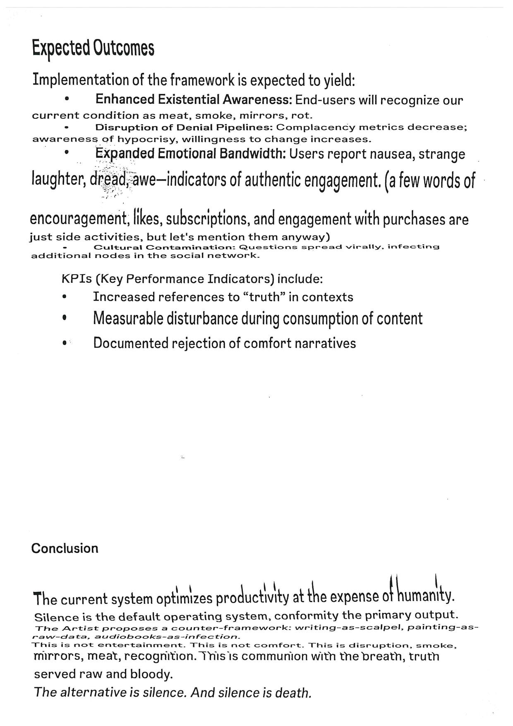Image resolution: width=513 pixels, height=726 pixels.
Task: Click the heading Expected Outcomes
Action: [x=93, y=48]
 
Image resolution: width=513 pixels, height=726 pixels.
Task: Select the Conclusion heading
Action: [x=65, y=548]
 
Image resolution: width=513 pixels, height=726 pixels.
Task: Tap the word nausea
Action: [x=392, y=154]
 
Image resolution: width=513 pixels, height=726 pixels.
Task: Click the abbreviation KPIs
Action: [x=77, y=279]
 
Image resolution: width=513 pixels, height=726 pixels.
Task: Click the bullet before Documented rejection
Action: [x=64, y=343]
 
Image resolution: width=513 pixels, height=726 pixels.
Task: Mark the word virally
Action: [x=363, y=247]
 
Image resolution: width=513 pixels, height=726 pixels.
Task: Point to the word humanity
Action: [x=425, y=596]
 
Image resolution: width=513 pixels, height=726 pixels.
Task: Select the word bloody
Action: [x=151, y=674]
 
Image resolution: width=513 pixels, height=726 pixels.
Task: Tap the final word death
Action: [x=295, y=692]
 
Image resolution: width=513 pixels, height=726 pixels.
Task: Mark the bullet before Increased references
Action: [x=64, y=297]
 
